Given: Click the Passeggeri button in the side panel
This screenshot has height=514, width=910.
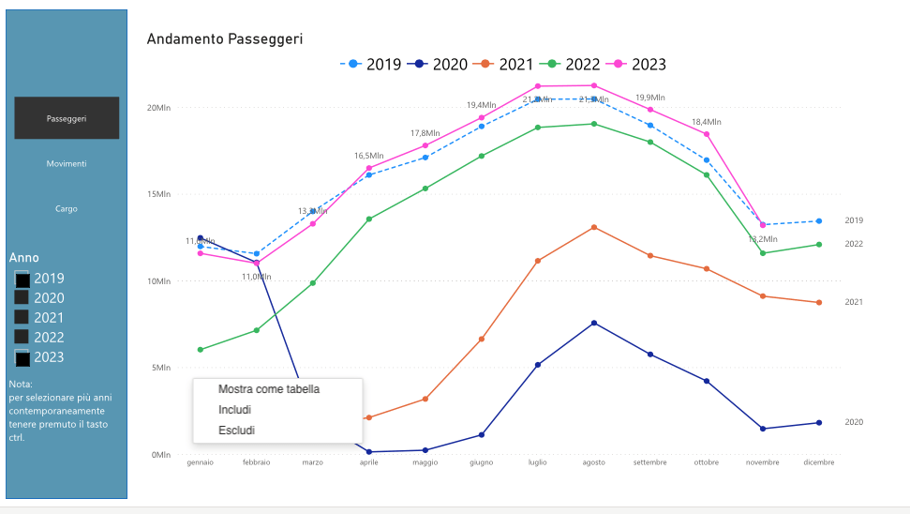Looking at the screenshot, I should click(67, 118).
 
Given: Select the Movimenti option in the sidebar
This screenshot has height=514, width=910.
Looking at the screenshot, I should click(67, 163).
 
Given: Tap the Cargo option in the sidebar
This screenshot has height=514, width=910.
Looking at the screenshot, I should click(67, 208).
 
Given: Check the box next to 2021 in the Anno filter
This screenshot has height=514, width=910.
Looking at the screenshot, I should click(22, 317).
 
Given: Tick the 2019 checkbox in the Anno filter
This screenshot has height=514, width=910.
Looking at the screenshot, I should click(22, 279).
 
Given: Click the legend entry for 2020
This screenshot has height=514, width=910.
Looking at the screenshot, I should click(440, 65).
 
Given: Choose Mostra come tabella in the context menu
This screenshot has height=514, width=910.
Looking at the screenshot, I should click(269, 389).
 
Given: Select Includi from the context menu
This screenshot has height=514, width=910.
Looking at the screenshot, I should click(234, 410).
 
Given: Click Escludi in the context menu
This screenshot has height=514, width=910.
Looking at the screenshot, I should click(236, 431).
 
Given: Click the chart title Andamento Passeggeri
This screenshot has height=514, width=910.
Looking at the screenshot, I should click(225, 39).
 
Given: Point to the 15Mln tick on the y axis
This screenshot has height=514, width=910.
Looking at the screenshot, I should click(159, 194).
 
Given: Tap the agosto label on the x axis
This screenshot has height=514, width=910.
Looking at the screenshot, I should click(593, 462).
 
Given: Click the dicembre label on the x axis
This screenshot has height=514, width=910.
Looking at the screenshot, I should click(818, 462).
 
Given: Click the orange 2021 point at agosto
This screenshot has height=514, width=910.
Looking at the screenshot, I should click(593, 227).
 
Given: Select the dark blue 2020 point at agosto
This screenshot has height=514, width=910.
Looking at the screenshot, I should click(593, 324).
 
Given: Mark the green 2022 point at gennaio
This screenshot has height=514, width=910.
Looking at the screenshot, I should click(201, 350).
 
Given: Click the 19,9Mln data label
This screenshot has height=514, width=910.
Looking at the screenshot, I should click(650, 98).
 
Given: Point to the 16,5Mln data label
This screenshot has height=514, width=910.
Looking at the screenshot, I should click(368, 156).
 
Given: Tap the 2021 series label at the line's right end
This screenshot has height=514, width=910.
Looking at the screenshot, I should click(854, 302).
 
